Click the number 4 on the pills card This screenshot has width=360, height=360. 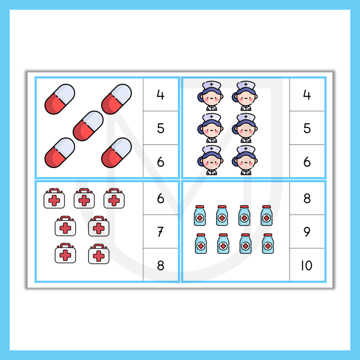pos(160,95)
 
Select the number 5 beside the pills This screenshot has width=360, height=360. pos(160,128)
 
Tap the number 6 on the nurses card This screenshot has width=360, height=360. pos(307,161)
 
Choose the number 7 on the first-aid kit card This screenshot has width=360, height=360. pos(160,231)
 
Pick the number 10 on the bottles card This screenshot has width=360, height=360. pos(307,265)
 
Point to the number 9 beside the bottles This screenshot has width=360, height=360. pos(307,231)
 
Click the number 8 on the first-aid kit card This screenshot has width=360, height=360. pos(160,265)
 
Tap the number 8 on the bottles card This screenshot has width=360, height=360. pos(307,198)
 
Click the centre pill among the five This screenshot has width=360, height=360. pos(88,126)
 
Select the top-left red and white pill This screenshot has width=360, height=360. pos(60,99)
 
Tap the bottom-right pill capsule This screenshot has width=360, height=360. pos(116,153)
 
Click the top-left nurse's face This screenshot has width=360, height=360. pos(212,98)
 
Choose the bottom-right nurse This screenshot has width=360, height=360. pos(245,160)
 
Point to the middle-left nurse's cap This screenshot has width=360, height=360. pos(211,118)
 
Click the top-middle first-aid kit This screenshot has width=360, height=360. pos(84,199)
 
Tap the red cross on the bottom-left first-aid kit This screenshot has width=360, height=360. pos(65,255)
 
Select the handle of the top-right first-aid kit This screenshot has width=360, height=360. pos(114,191)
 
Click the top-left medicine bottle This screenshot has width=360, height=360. pos(200,215)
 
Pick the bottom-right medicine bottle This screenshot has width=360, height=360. pos(268,244)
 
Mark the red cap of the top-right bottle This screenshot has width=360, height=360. pos(267,207)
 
